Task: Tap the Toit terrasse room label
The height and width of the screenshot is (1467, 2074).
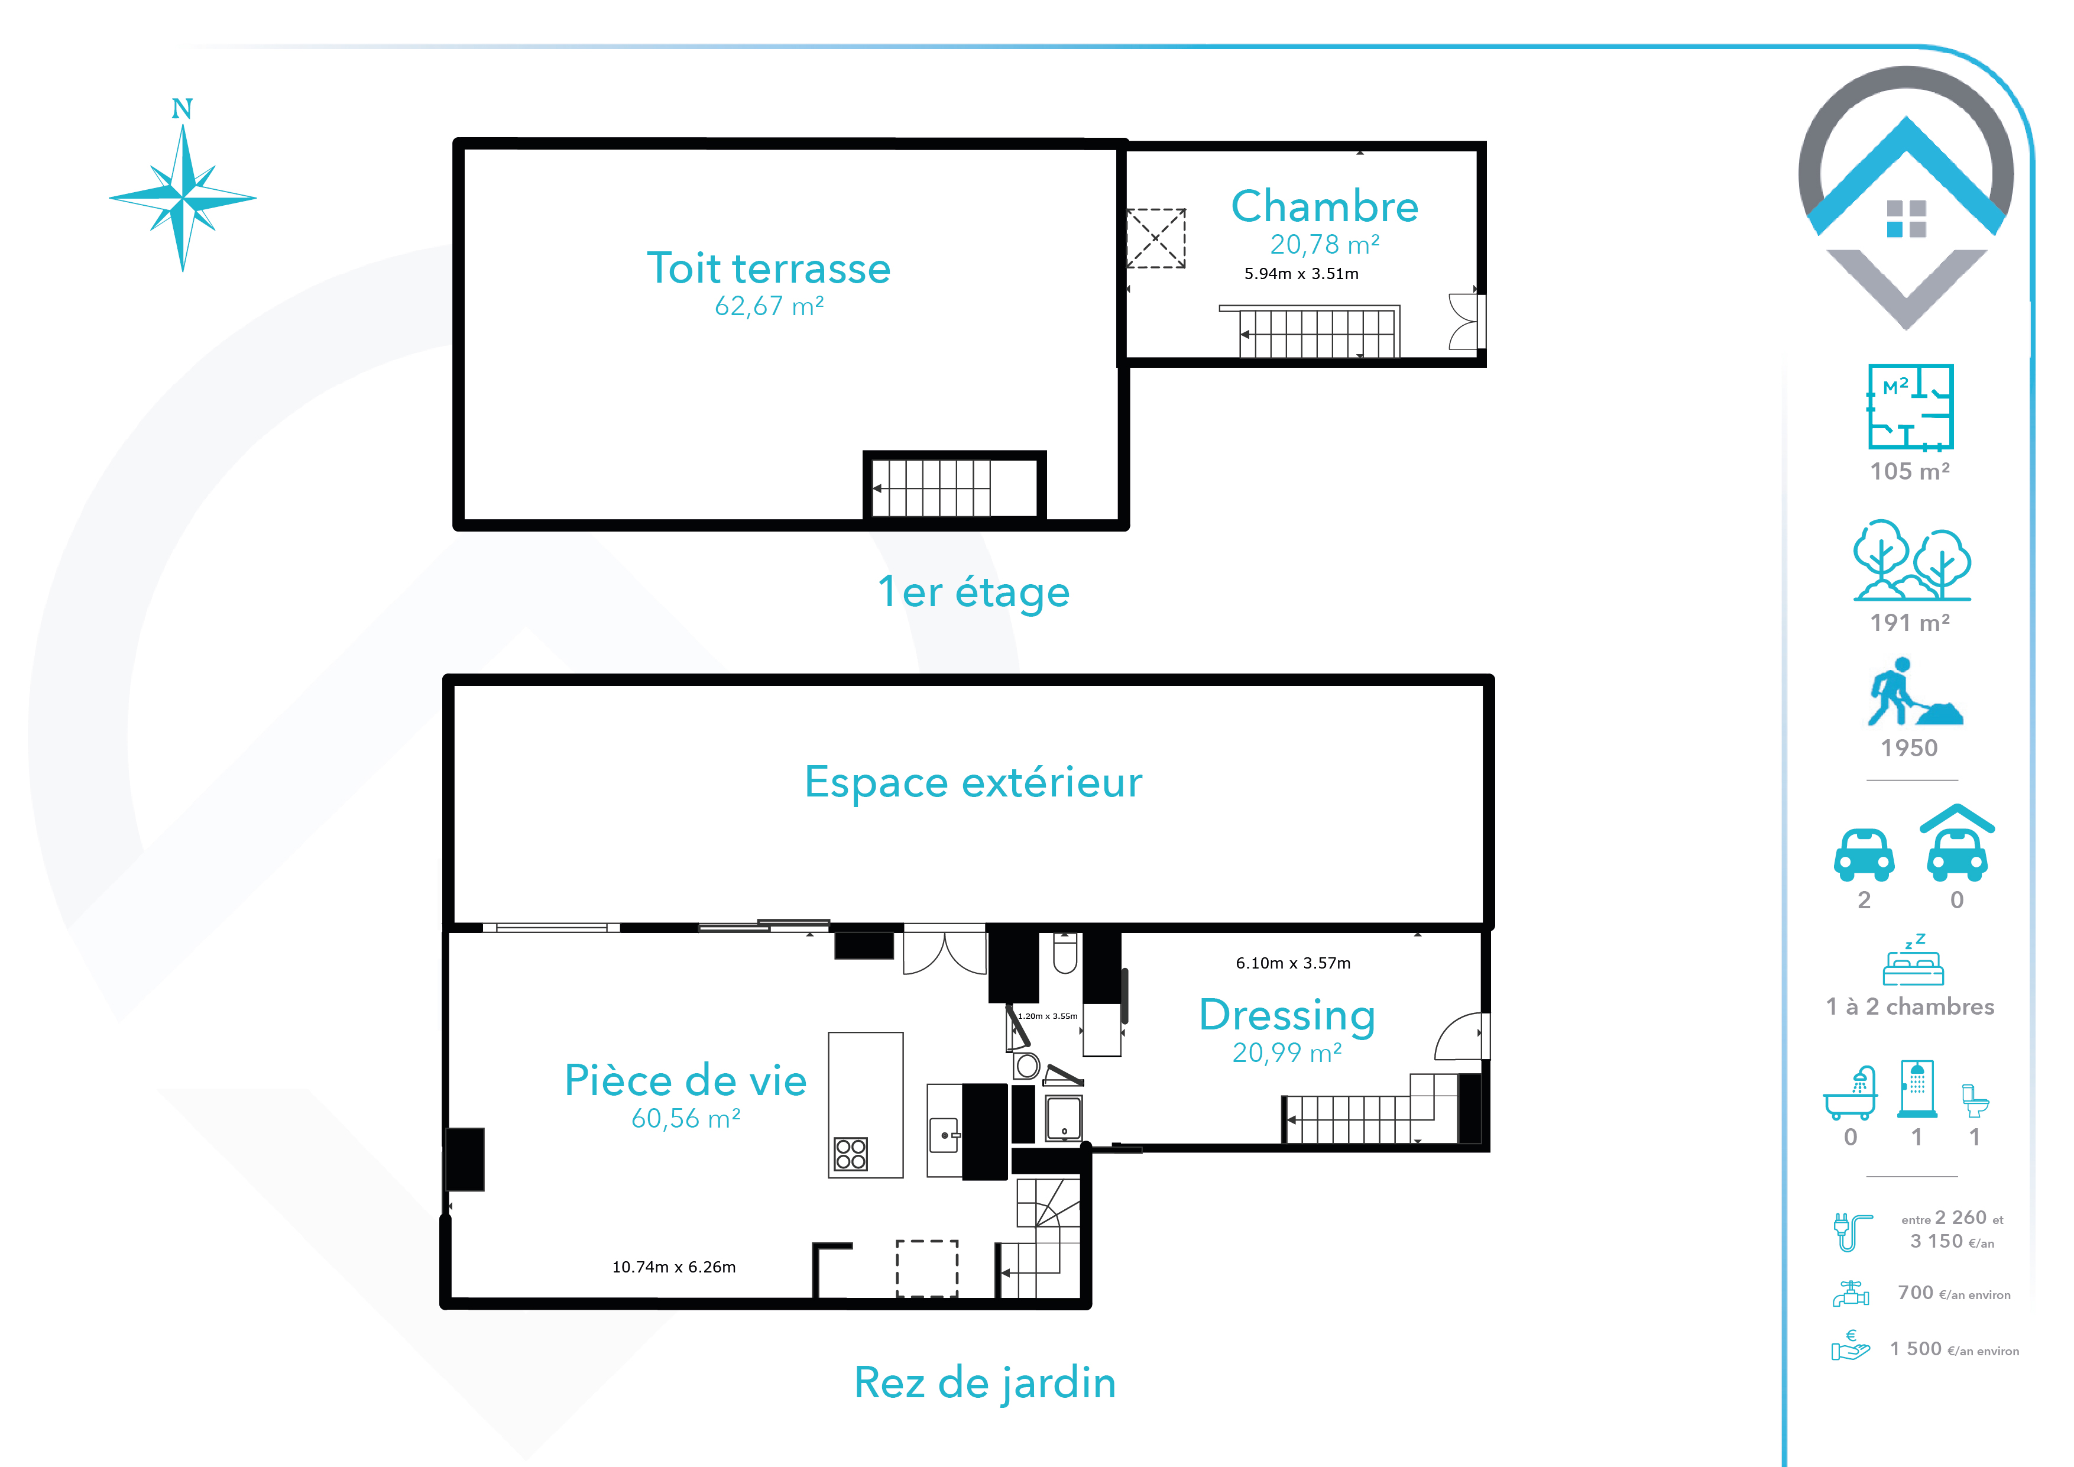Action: (769, 268)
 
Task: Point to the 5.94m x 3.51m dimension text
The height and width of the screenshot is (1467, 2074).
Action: (1301, 274)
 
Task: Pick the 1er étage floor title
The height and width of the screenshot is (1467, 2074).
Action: (974, 592)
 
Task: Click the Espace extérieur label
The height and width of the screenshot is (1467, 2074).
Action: (973, 782)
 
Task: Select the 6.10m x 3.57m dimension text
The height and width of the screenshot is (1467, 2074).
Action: (1292, 963)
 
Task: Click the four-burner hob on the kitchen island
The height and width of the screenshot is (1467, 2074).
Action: (850, 1154)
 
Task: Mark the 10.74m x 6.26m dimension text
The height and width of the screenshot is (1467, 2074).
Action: (674, 1267)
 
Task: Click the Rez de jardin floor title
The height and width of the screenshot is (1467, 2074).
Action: (984, 1383)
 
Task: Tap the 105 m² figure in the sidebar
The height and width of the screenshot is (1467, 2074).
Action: (1910, 471)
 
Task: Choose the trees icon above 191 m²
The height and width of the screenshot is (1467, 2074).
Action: (1911, 560)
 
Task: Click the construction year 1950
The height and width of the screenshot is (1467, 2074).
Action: (1908, 748)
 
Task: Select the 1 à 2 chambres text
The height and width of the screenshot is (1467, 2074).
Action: (1910, 1006)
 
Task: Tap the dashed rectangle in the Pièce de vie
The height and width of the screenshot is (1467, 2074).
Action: (927, 1268)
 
